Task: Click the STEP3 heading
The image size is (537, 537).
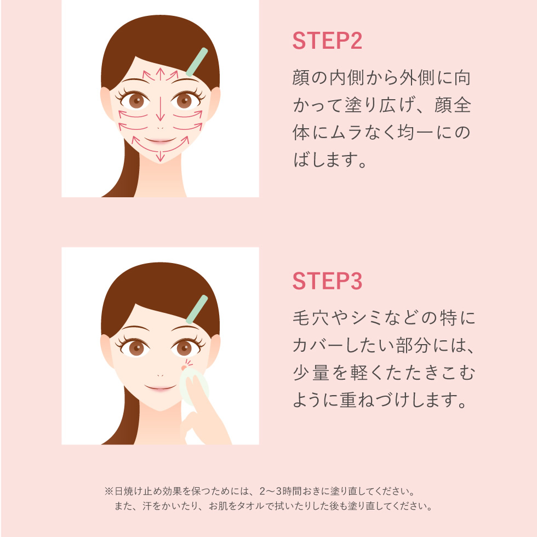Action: click(x=327, y=282)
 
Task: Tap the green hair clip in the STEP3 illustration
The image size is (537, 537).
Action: click(x=197, y=309)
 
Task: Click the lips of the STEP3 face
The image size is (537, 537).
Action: click(x=159, y=387)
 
